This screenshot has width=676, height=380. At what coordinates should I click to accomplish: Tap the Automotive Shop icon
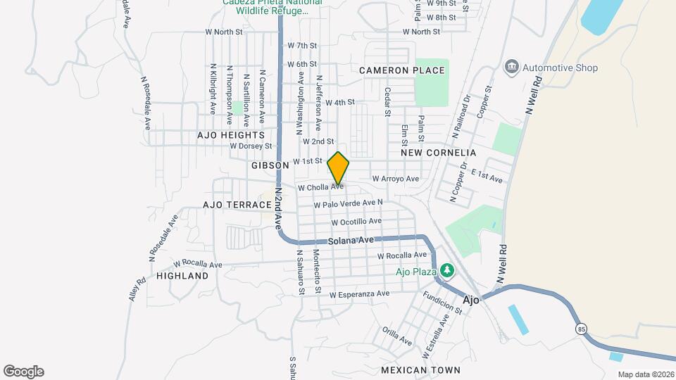[x=512, y=68]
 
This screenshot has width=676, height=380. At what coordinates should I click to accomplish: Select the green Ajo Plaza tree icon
[x=446, y=270]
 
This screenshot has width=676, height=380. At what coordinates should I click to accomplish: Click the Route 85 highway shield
[x=581, y=329]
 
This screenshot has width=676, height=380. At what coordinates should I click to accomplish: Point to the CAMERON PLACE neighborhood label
[x=402, y=70]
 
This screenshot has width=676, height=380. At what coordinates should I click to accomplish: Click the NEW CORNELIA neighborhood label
[x=438, y=153]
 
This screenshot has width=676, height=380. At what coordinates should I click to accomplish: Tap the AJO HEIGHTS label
[x=231, y=134]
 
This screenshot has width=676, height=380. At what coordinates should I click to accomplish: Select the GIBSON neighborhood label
[x=270, y=165]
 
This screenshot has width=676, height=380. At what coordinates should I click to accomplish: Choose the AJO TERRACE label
[x=237, y=205]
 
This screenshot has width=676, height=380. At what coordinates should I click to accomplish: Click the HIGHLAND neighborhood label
[x=182, y=276]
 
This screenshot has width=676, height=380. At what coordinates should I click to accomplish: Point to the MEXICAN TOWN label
[x=420, y=369]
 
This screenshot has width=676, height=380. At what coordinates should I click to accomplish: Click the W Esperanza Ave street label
[x=359, y=293]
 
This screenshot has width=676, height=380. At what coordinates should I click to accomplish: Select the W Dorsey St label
[x=251, y=146]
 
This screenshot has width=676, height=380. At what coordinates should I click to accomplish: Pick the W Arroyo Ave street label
[x=395, y=179]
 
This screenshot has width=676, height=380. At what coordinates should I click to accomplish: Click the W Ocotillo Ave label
[x=356, y=222]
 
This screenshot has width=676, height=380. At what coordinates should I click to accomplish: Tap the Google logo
[x=23, y=372]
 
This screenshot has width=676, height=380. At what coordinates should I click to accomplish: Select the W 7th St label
[x=302, y=46]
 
